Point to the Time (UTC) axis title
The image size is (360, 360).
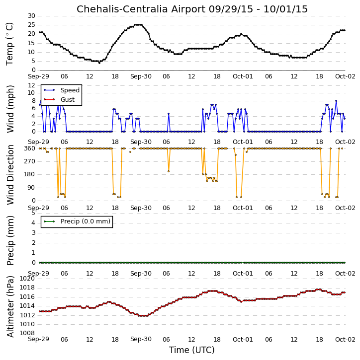point(192,350)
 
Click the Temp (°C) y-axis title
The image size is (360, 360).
point(9,44)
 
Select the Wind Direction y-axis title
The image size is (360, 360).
point(10,174)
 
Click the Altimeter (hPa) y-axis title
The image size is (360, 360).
point(10,306)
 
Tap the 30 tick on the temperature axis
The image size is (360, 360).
point(31,16)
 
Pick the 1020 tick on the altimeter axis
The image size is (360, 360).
point(27,279)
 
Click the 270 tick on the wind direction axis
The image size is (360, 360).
point(30,161)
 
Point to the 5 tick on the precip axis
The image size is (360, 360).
point(33,213)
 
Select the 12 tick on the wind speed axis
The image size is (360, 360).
point(31,85)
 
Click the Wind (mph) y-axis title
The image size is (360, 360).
point(10,109)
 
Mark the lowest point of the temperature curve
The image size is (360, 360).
point(99,63)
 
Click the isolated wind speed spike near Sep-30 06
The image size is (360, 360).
point(169,114)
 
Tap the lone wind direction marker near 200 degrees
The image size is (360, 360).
point(169,171)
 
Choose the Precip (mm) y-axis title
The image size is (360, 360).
point(10,240)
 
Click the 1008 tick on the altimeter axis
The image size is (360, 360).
point(27,333)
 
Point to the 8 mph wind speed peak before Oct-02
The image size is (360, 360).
point(336,101)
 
